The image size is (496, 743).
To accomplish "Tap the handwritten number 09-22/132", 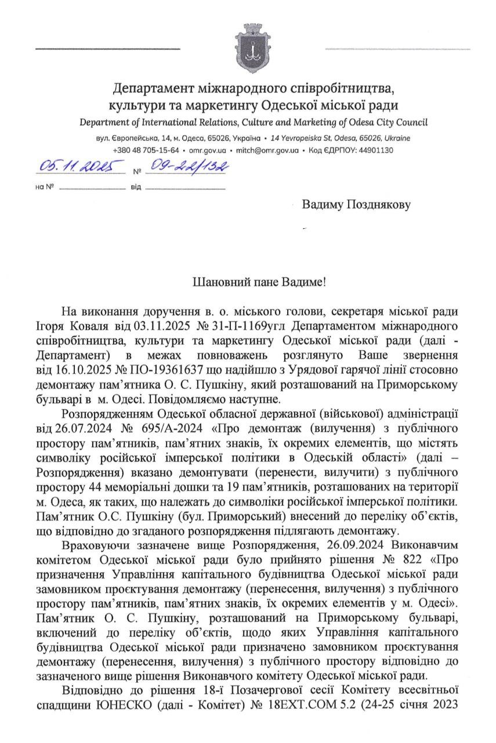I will click(x=186, y=167).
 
